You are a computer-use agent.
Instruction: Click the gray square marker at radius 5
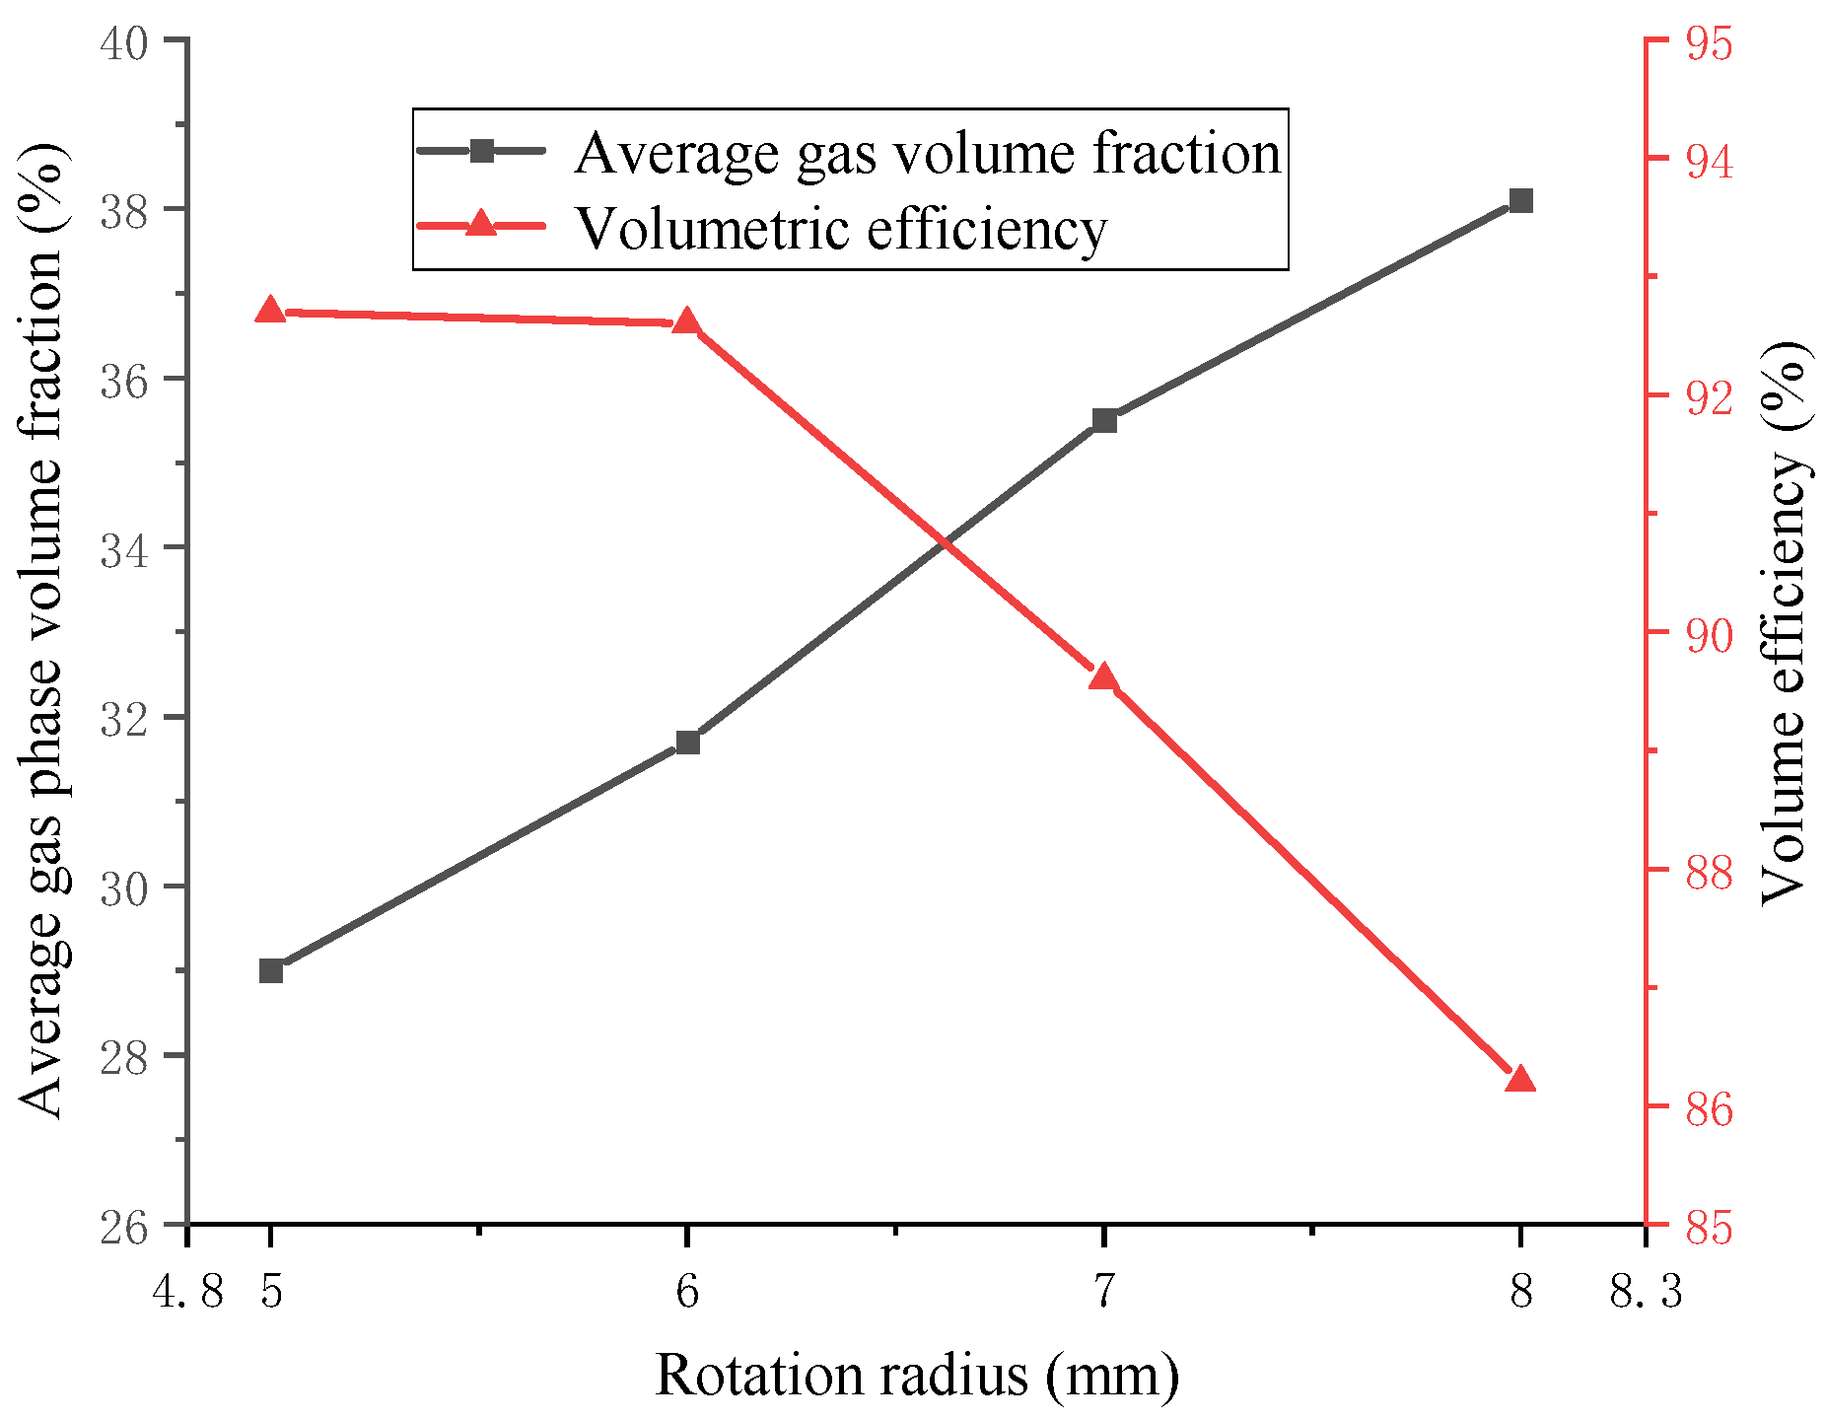(271, 971)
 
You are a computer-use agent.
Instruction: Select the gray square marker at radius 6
(688, 743)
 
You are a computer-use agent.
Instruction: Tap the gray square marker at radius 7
(1104, 421)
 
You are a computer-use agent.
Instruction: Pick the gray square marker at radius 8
(1521, 201)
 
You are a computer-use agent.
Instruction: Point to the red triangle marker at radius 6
(687, 322)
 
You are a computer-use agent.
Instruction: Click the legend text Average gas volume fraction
(927, 153)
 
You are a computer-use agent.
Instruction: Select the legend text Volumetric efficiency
(841, 229)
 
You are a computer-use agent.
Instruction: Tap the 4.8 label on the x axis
(189, 1290)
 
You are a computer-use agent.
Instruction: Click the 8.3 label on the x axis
(1646, 1290)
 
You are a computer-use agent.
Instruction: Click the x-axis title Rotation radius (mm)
(916, 1376)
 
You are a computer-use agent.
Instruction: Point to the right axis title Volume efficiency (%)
(1783, 621)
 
